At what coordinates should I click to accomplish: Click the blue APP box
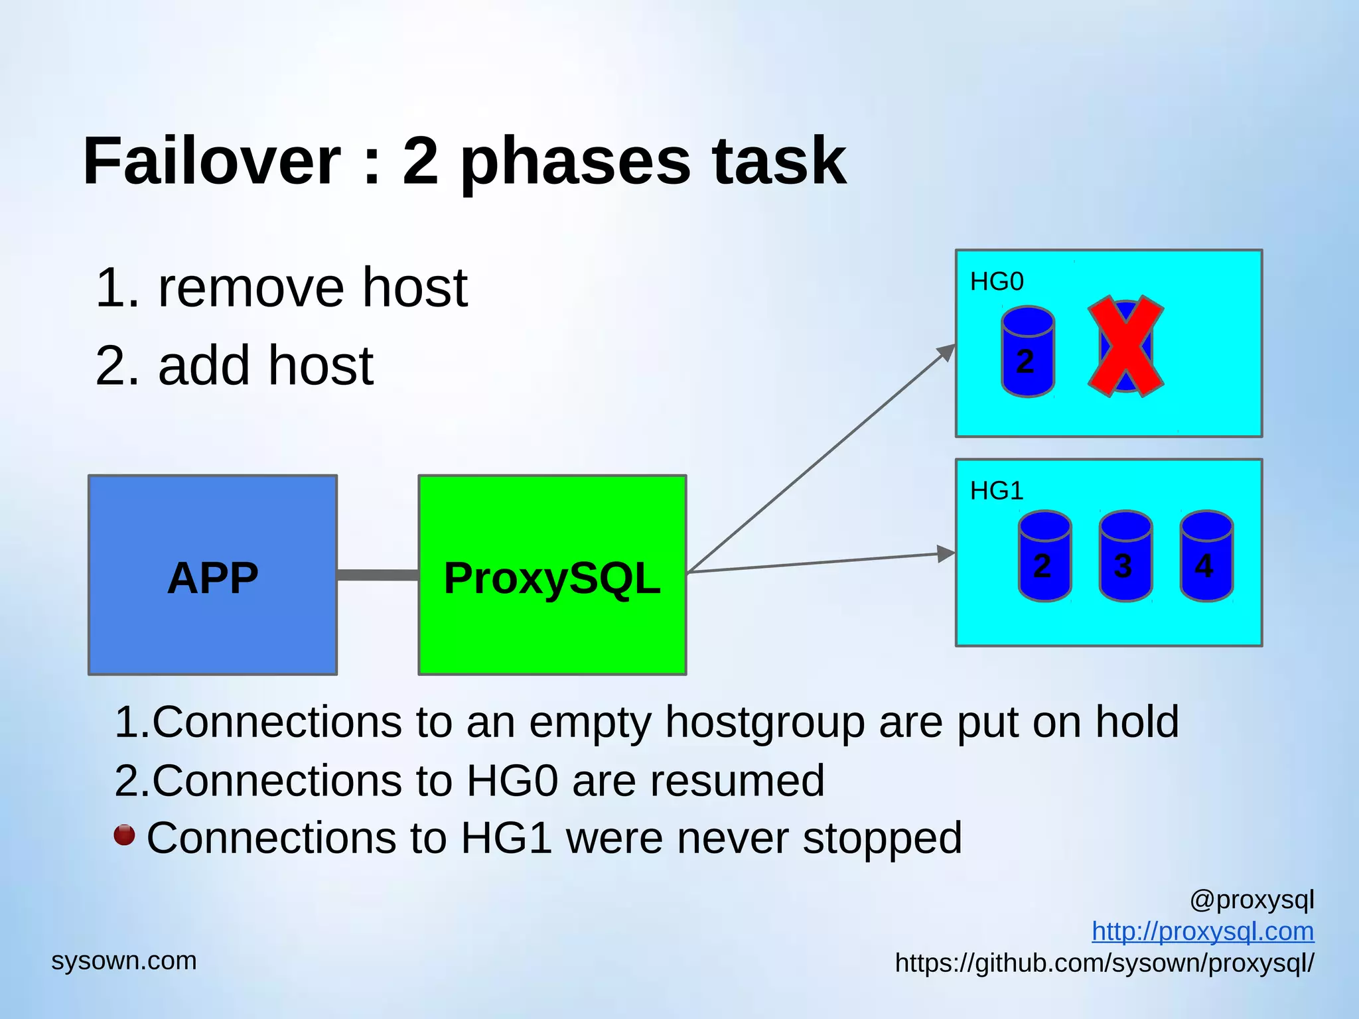point(212,575)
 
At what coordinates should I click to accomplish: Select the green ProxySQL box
point(552,575)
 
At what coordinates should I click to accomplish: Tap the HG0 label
point(997,282)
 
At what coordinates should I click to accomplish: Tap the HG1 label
point(997,491)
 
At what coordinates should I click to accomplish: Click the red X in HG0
point(1125,346)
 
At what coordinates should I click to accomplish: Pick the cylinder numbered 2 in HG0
point(1027,352)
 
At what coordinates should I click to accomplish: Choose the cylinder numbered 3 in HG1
point(1125,556)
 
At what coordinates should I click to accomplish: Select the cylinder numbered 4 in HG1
point(1206,556)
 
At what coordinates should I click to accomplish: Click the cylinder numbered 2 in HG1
point(1044,556)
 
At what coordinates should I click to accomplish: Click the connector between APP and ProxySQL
point(378,575)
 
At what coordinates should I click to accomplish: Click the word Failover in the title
point(211,161)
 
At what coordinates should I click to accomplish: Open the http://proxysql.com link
point(1202,931)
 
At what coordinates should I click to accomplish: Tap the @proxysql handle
point(1252,900)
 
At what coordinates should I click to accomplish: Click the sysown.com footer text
point(124,961)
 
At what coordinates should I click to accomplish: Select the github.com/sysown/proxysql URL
point(1104,963)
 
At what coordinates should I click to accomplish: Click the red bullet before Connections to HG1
point(124,835)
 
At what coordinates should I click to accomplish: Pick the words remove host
point(312,288)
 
